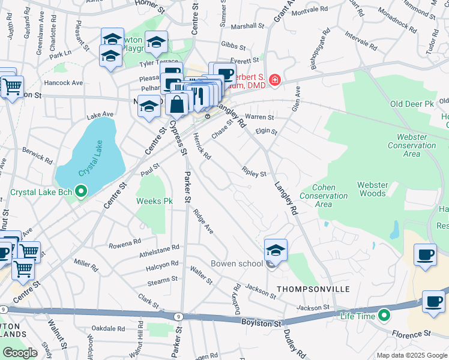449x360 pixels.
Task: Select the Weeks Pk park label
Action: [155, 201]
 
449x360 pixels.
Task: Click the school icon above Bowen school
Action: [276, 249]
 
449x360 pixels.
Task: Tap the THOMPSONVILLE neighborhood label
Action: [313, 289]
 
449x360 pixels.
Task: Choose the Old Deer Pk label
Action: [411, 104]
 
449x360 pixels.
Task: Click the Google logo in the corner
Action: [20, 353]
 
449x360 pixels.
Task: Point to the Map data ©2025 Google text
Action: [412, 355]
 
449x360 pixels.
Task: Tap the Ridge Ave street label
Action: [203, 221]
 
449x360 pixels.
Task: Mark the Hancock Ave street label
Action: [63, 83]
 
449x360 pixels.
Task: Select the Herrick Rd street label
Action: [202, 146]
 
